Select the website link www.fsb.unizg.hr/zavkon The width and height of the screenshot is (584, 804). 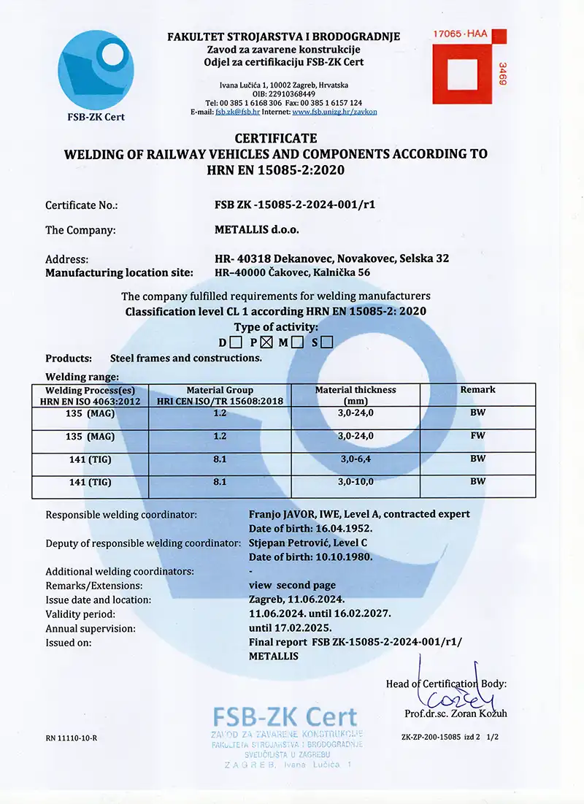click(334, 112)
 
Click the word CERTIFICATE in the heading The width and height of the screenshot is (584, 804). click(276, 138)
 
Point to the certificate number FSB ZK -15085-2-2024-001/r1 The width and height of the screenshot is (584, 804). click(290, 205)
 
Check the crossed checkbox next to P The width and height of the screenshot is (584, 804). click(266, 341)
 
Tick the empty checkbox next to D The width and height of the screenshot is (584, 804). click(236, 341)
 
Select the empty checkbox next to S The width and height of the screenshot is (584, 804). click(327, 341)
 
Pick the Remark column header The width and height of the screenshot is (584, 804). click(477, 390)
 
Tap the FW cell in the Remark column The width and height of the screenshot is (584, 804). click(477, 436)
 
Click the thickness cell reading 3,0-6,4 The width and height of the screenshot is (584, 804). click(356, 459)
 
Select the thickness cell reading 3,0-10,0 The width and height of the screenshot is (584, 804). click(356, 482)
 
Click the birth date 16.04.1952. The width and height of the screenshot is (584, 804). click(344, 528)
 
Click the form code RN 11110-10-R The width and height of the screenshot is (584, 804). click(71, 738)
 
